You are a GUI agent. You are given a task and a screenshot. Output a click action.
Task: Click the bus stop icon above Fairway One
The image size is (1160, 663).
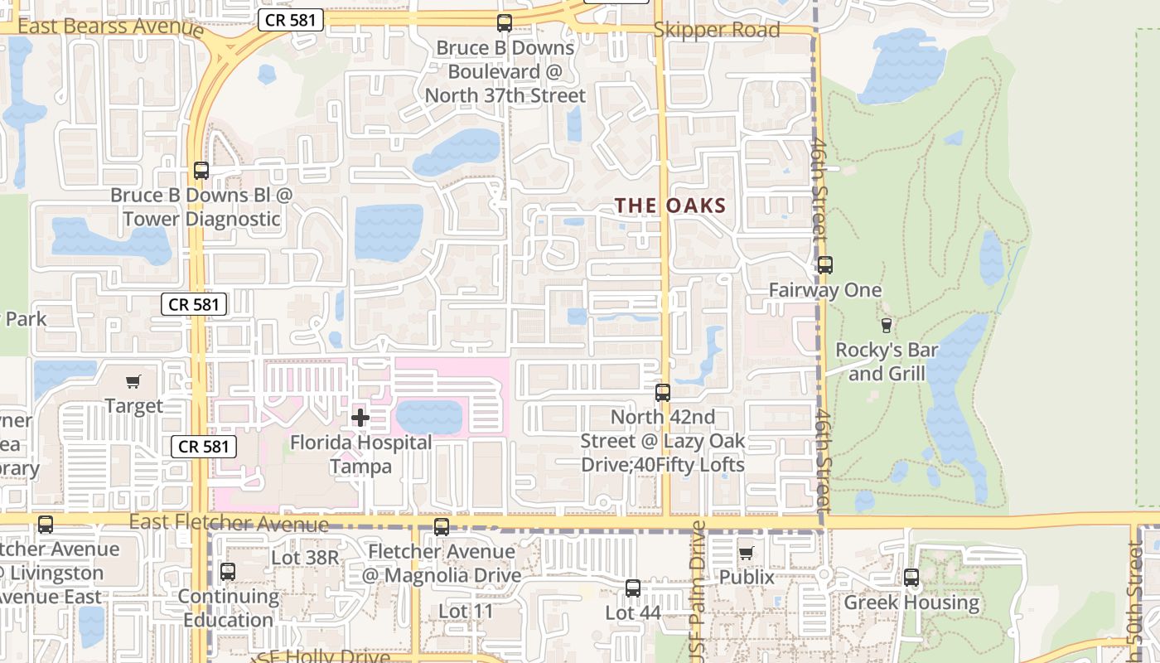coord(824,265)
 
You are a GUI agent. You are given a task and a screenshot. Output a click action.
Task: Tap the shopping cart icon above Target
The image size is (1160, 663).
coord(133,381)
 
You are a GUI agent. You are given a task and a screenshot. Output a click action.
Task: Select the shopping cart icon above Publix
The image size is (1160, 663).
coord(746,553)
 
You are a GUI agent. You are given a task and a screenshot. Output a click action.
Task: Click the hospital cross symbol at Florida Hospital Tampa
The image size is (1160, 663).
coord(360,418)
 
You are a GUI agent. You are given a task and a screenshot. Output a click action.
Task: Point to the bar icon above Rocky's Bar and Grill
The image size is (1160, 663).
coord(887,325)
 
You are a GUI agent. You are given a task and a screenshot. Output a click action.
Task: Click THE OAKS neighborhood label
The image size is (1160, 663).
coord(670,206)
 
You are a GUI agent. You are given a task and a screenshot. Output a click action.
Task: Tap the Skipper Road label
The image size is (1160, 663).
coord(717,31)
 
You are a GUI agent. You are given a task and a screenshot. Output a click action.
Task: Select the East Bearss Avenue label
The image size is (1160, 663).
coord(110,27)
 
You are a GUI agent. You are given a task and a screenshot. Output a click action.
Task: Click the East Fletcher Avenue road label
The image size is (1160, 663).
coord(230,523)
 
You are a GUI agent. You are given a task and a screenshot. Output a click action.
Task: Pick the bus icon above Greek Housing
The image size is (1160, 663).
coord(911,578)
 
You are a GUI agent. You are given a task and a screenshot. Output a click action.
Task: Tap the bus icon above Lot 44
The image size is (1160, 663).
coord(633,588)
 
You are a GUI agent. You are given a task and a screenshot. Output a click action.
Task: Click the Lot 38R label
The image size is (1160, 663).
coord(305,558)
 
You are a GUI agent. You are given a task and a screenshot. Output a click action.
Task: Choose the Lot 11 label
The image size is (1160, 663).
coord(466,612)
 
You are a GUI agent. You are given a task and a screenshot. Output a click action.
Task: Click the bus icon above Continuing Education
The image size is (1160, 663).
coord(228,572)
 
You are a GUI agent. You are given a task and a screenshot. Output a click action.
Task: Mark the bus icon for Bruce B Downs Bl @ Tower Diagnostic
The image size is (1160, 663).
coord(201,171)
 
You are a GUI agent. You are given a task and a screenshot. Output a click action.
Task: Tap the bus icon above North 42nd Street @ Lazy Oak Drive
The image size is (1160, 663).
coord(663,393)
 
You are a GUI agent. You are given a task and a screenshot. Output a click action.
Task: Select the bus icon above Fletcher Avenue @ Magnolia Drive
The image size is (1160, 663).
coord(442,527)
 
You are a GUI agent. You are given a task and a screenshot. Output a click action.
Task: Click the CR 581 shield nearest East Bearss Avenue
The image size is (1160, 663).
coord(290,20)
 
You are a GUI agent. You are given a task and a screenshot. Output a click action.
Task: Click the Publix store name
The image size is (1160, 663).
coord(747,577)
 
